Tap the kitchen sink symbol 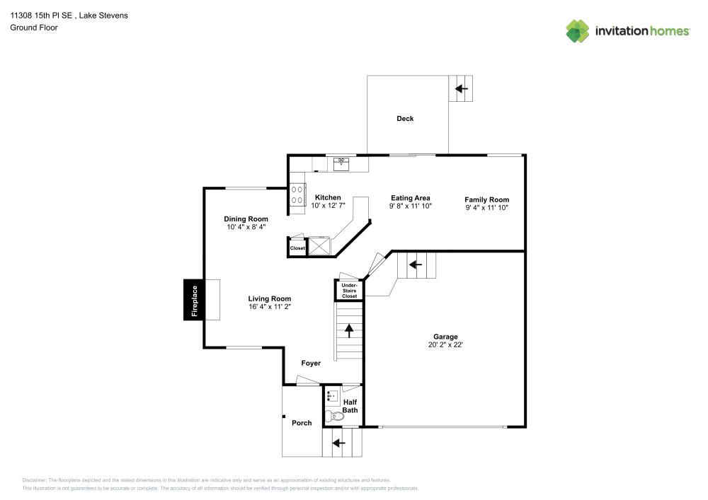(341, 163)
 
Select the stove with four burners (296, 199)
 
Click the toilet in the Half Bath (336, 417)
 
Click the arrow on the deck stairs (462, 89)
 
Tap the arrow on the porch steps (338, 443)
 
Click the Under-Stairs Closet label (350, 291)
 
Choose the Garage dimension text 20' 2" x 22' (445, 345)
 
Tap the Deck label (405, 119)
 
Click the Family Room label (486, 199)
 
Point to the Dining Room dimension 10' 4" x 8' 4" (246, 227)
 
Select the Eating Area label (410, 198)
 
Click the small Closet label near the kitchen (297, 248)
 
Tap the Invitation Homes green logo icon (578, 31)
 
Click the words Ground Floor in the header (34, 28)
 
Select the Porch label (302, 423)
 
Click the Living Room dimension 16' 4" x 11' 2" (269, 307)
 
